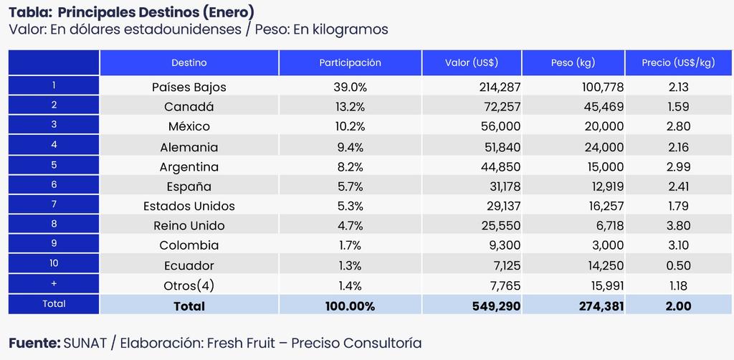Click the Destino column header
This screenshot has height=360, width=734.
pos(189,63)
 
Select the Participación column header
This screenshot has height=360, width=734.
pos(350,63)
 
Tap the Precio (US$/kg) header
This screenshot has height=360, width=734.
pos(678,63)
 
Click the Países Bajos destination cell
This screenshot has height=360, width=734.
pos(189,87)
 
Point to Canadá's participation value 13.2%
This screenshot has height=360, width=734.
pos(350,107)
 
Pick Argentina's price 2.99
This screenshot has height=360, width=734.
pos(677,167)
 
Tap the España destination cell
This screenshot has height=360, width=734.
pos(189,187)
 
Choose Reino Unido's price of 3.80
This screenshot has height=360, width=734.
pos(677,226)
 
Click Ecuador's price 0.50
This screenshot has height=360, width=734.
pos(677,265)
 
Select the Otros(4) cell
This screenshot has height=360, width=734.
pos(189,285)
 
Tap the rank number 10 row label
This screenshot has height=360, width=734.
pos(54,263)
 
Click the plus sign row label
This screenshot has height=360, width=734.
pos(54,283)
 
